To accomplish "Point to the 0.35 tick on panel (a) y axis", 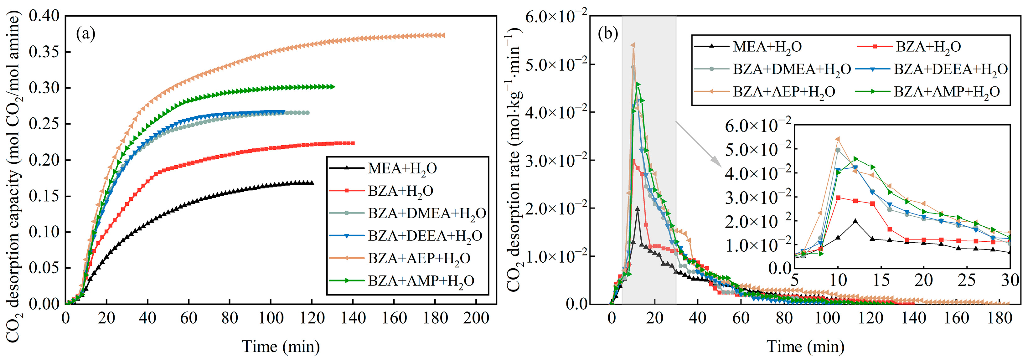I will [44, 52].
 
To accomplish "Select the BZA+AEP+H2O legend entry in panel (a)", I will [419, 259].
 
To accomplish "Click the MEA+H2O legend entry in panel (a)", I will [402, 168].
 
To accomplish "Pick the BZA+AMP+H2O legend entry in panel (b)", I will [947, 92].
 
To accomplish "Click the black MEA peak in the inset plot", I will [855, 221].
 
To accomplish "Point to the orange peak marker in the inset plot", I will [838, 139].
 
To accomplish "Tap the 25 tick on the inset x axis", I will [967, 280].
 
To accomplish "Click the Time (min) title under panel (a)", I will [281, 347].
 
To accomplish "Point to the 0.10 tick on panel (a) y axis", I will [44, 232].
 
